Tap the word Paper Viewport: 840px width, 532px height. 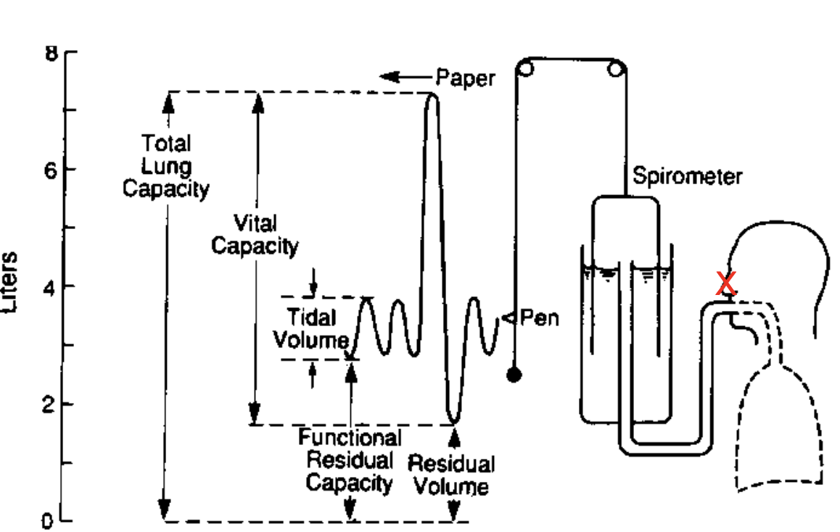coord(465,78)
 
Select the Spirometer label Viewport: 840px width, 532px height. coord(687,175)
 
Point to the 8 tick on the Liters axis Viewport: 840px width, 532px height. coord(52,54)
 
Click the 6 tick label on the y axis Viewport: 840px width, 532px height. coord(52,169)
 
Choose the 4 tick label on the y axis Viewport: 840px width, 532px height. coord(52,286)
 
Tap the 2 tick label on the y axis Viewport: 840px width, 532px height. coord(52,404)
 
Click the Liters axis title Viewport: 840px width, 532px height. coord(12,283)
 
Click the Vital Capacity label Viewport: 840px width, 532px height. coord(255,234)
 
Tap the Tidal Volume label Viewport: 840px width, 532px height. coord(310,328)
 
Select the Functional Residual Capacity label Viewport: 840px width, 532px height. coord(350,460)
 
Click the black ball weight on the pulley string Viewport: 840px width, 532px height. coord(514,375)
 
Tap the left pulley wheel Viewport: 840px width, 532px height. coord(525,70)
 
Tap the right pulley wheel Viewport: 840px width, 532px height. coord(617,70)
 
